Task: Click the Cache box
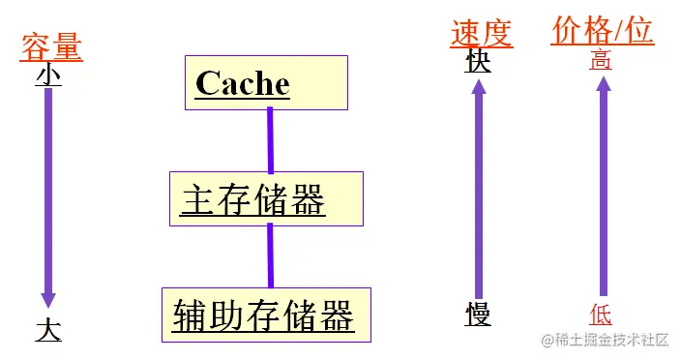[x=265, y=82]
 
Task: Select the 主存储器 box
[x=266, y=199]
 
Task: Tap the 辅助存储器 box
[x=265, y=315]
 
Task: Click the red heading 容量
[x=51, y=46]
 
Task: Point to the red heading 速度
[x=481, y=33]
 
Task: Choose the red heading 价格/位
[x=603, y=31]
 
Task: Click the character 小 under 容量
[x=48, y=75]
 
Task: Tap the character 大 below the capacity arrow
[x=48, y=330]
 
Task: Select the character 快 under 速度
[x=478, y=62]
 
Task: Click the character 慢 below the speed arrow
[x=478, y=315]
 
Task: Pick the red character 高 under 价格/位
[x=601, y=61]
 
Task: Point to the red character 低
[x=601, y=314]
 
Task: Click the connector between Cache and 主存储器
[x=271, y=139]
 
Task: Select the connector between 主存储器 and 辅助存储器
[x=271, y=255]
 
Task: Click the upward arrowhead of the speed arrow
[x=478, y=90]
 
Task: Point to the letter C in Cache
[x=206, y=83]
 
